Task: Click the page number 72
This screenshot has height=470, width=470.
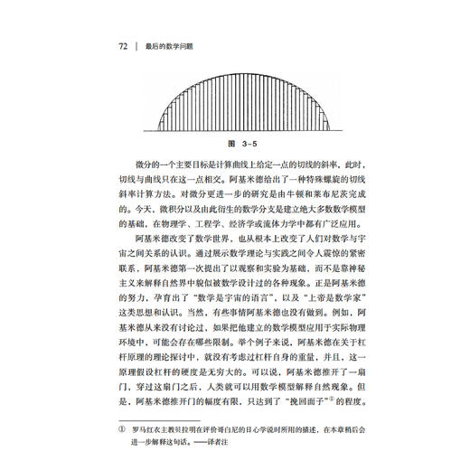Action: [x=123, y=44]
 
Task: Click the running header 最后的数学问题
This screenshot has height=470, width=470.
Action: [x=180, y=44]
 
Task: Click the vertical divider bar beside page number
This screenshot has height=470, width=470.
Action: [x=137, y=44]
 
